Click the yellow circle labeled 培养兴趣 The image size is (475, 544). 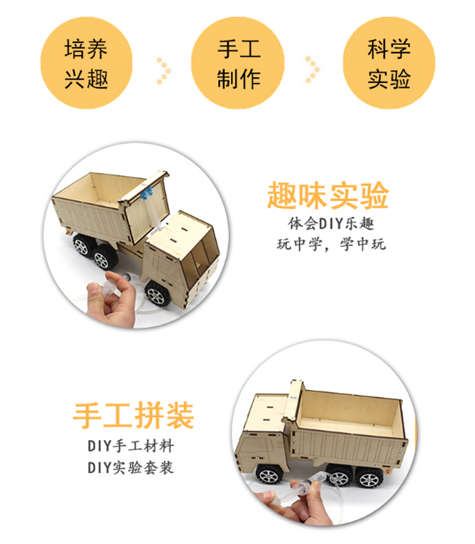click(x=86, y=63)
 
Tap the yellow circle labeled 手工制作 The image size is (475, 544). click(x=237, y=63)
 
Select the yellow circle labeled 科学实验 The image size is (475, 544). click(x=389, y=63)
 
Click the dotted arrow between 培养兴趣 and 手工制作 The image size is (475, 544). click(x=163, y=71)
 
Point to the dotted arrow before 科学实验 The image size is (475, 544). click(x=312, y=70)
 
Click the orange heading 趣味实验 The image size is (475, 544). click(x=328, y=195)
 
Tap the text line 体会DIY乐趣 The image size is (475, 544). click(x=331, y=223)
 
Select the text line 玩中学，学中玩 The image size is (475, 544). click(x=331, y=244)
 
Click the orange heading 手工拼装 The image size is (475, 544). click(x=134, y=415)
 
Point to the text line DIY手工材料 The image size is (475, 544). click(x=130, y=446)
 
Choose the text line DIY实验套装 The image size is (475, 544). click(x=130, y=467)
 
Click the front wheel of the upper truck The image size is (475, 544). click(x=158, y=294)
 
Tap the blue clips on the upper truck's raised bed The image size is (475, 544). click(x=146, y=193)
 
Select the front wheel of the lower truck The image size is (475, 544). click(x=269, y=474)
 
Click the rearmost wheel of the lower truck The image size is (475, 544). click(x=369, y=477)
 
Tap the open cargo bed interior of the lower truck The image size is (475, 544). click(x=350, y=411)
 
